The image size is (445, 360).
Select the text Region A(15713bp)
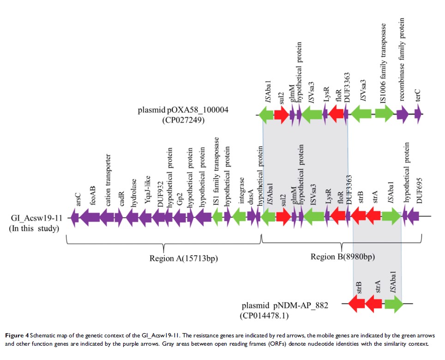183,258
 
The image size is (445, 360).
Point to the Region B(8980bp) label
342,257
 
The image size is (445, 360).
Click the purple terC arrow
418,114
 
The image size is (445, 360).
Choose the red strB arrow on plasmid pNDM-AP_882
356,303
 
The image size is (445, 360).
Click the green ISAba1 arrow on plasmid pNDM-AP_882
394,303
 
